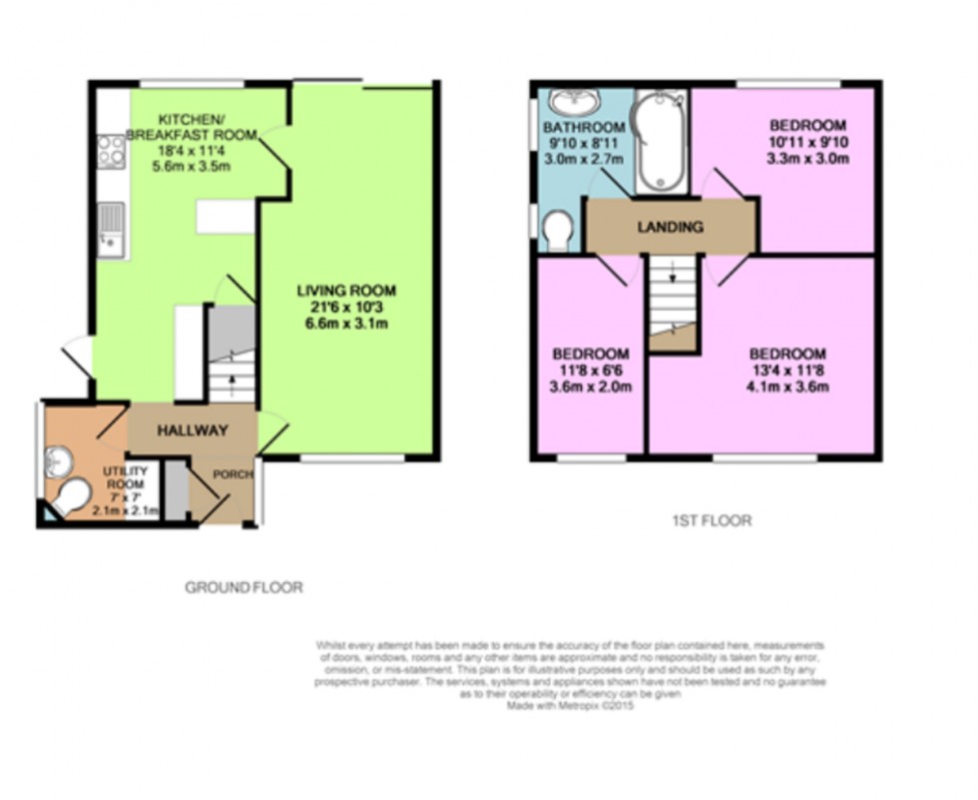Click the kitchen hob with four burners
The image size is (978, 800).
coord(112,152)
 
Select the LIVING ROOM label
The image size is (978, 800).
coord(346,291)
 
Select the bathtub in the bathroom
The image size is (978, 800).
coord(660,141)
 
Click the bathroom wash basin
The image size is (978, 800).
coord(569,103)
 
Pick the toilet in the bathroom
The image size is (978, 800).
coord(557,232)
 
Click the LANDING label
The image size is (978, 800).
coord(671,227)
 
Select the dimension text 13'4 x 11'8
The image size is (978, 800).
coord(787,372)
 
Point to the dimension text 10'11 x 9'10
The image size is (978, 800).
coord(807,142)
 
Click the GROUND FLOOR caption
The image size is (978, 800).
coord(244,587)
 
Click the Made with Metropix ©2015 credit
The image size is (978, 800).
coord(571,704)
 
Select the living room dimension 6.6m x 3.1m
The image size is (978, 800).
coord(346,324)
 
